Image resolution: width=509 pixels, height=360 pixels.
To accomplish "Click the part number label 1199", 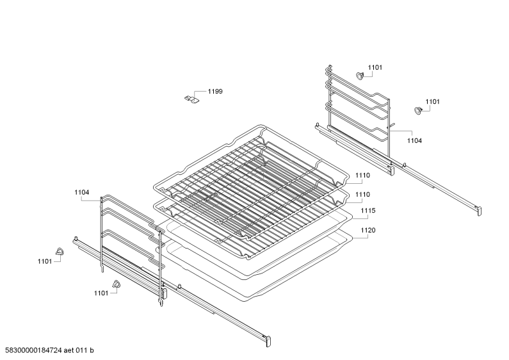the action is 215,92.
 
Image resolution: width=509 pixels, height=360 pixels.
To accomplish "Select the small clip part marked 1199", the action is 191,99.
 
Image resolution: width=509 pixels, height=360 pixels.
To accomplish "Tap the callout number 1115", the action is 368,211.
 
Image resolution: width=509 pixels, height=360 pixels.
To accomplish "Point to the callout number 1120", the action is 368,231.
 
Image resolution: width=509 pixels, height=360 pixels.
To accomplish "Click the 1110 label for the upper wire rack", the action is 362,176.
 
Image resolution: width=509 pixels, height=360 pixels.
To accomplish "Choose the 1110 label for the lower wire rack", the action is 362,195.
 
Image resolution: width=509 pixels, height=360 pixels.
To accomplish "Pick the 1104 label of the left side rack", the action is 82,192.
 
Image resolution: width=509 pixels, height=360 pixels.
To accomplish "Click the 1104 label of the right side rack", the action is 414,141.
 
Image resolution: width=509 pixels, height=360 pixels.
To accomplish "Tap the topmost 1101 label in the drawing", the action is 375,68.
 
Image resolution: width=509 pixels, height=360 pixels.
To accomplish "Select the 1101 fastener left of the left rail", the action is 60,251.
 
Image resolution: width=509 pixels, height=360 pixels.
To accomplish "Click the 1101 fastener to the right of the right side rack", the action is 418,110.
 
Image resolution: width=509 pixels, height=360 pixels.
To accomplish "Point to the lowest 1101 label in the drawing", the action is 101,293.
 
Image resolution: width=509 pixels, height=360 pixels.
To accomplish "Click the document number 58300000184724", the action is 33,350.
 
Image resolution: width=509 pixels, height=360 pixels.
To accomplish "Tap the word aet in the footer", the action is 69,350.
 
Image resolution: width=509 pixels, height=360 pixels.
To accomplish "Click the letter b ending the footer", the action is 92,350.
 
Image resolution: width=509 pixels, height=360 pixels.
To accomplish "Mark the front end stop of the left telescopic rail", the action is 268,341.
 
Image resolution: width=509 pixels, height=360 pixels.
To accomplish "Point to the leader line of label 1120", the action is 360,238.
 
